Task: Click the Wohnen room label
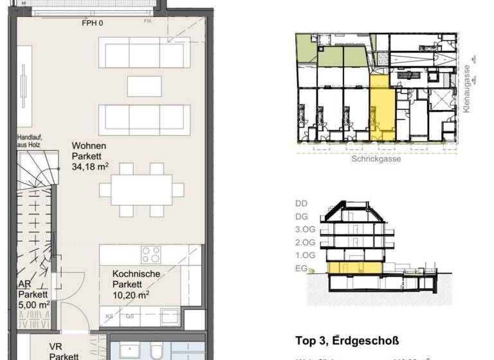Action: [x=89, y=146]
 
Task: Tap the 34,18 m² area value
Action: [x=90, y=167]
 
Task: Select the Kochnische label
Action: [x=136, y=274]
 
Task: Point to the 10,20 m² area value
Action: [x=131, y=295]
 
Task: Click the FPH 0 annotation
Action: [x=92, y=23]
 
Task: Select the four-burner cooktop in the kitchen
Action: [x=151, y=255]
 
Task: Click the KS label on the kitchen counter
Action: [x=110, y=317]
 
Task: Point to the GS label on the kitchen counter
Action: [x=130, y=317]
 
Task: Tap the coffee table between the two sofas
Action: [x=144, y=85]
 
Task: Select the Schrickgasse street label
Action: [x=376, y=159]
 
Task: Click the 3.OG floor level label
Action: [x=304, y=230]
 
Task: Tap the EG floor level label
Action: [x=301, y=269]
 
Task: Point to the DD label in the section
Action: [x=301, y=203]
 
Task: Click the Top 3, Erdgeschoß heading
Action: [x=347, y=341]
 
